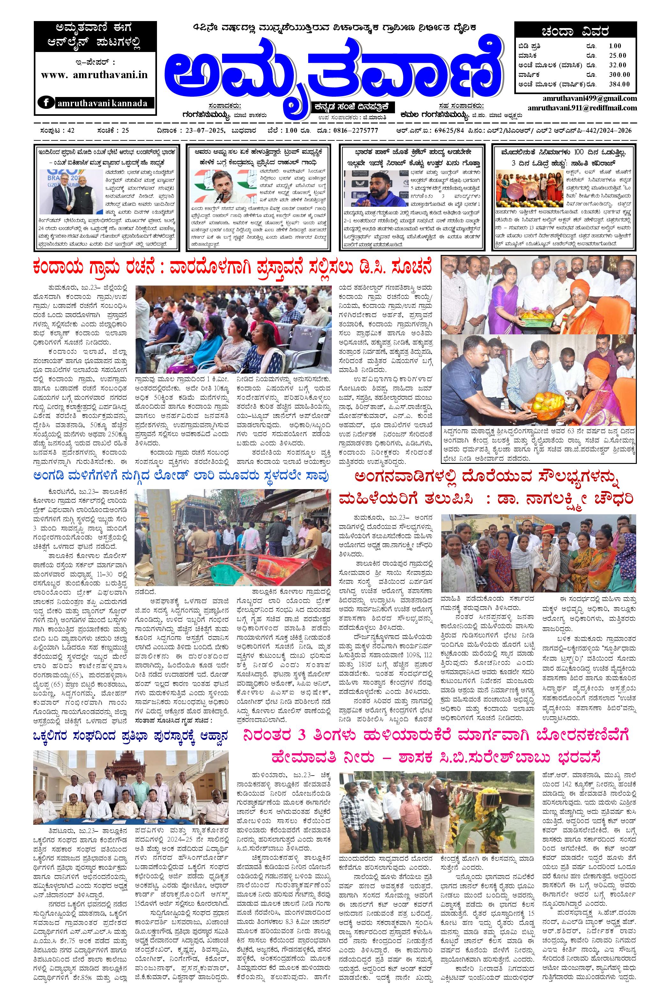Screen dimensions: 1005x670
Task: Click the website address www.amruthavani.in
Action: (x=94, y=74)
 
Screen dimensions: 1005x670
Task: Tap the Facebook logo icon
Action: (x=46, y=102)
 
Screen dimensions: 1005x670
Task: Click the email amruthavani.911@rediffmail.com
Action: (x=582, y=108)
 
